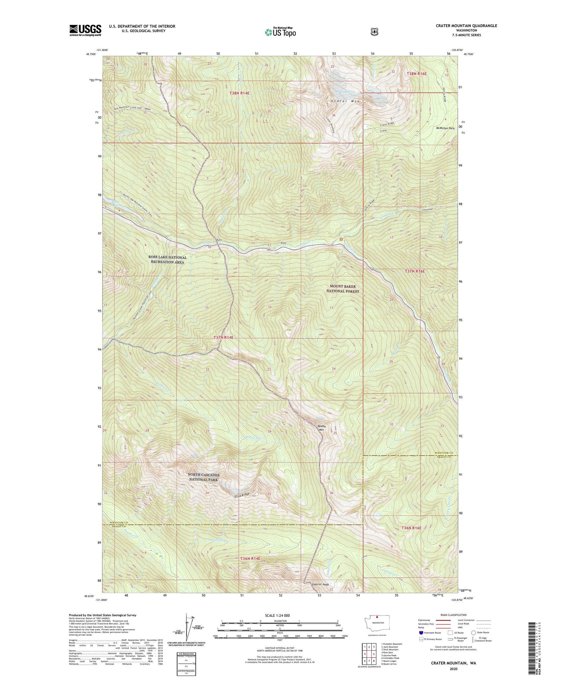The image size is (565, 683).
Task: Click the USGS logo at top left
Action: [x=85, y=30]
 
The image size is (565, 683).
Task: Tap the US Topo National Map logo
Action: [x=280, y=32]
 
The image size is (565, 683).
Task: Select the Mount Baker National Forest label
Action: [x=343, y=289]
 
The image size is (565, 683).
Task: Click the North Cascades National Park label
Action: [x=203, y=477]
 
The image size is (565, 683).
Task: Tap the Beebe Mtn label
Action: [x=322, y=428]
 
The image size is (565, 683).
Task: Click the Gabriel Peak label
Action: [x=320, y=584]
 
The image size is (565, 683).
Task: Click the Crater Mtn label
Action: [x=346, y=101]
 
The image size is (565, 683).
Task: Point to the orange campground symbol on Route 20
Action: [x=341, y=239]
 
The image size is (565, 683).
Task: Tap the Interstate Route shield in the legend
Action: [x=421, y=633]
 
